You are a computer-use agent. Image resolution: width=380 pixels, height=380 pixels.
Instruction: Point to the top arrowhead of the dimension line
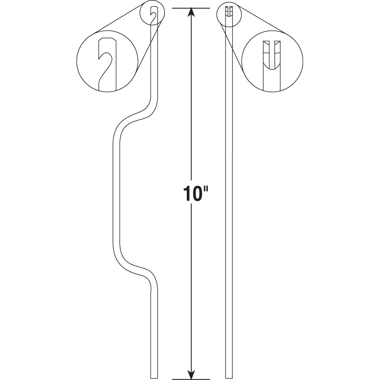(192, 12)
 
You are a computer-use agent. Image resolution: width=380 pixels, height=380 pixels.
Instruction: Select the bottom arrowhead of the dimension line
(192, 374)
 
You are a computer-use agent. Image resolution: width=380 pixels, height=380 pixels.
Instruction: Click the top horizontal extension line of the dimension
(192, 8)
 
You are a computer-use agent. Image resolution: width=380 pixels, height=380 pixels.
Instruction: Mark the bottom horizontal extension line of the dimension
(192, 379)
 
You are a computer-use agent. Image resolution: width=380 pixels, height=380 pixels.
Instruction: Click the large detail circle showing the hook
(107, 61)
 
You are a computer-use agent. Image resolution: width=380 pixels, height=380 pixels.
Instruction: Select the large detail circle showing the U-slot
(272, 61)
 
